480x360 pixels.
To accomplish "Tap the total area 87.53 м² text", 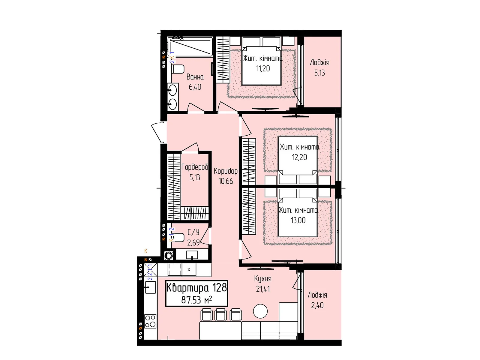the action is (196, 300).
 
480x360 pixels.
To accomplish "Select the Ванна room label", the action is (195, 77).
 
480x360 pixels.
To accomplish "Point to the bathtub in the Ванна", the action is (190, 47).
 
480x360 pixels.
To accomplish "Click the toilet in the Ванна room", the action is (178, 69).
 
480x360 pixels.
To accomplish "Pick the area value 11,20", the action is (263, 69).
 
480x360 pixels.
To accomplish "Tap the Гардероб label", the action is (195, 167).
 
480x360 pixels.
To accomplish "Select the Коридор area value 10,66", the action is (226, 181).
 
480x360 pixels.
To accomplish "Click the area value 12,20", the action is (299, 157).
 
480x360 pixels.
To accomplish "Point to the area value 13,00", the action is (298, 220).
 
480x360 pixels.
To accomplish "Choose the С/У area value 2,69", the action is (193, 243).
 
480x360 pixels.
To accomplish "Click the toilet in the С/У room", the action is (178, 237).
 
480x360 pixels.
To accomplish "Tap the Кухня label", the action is (262, 279).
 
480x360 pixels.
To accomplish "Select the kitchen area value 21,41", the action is (263, 289).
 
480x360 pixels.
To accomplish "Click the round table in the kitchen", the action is (260, 311).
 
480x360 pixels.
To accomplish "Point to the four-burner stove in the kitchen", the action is (150, 321).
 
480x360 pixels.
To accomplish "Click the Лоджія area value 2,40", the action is (317, 305).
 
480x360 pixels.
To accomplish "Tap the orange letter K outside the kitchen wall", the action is (145, 251).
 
